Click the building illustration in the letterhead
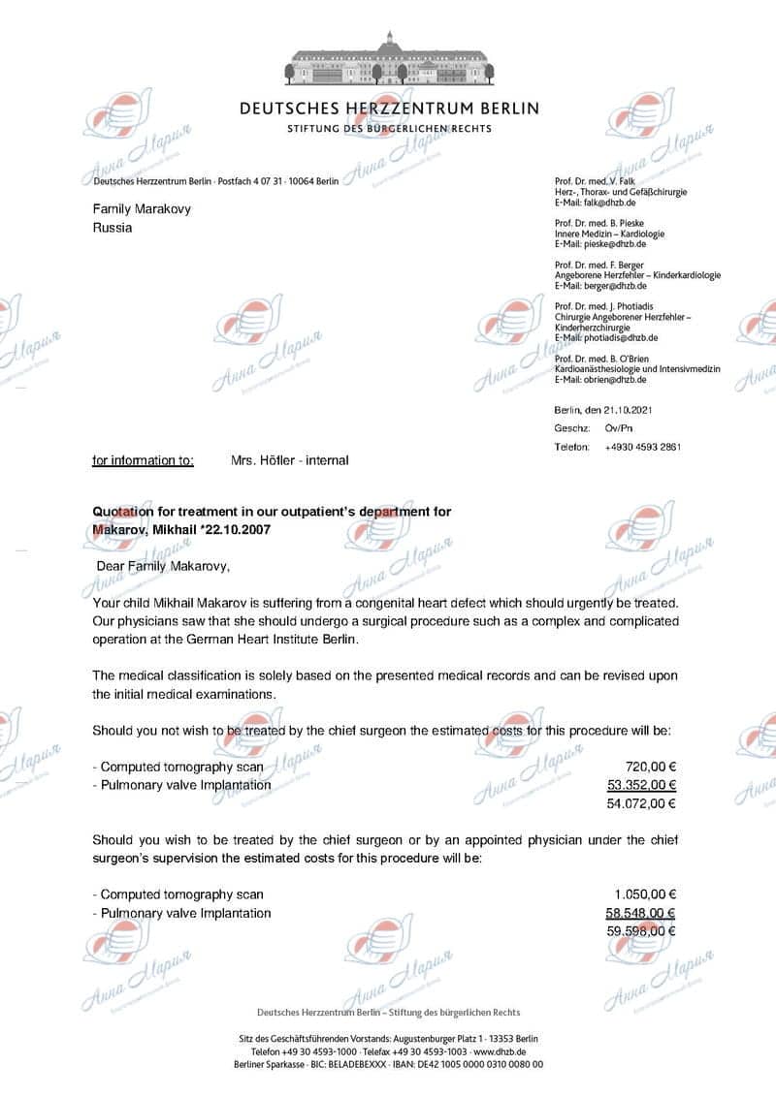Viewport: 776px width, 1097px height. tap(389, 59)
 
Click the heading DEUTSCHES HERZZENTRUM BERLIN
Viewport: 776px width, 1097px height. tap(389, 109)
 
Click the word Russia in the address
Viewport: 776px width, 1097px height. tap(113, 229)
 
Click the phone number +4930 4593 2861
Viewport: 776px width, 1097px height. tap(642, 447)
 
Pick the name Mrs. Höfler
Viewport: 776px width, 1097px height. tap(262, 460)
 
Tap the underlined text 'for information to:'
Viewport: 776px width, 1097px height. tap(143, 460)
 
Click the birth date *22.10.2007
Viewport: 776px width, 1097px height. tap(234, 529)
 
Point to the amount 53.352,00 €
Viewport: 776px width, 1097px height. tap(641, 785)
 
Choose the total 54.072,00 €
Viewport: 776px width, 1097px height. tap(641, 803)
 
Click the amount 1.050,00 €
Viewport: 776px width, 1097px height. tap(645, 894)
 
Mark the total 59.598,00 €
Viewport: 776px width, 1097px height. tap(641, 931)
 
